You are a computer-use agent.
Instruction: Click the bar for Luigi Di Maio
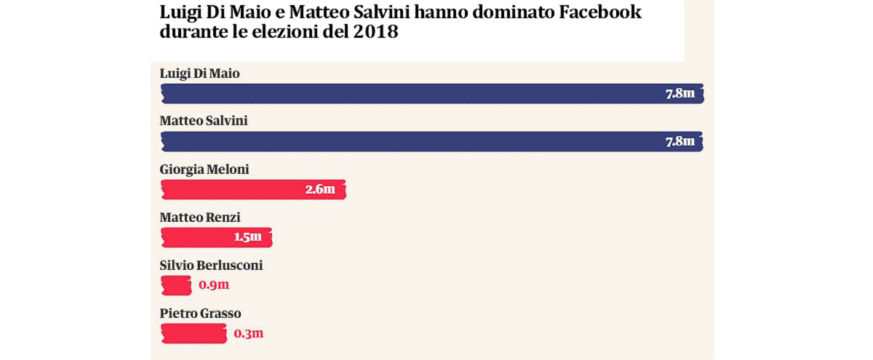(x=407, y=94)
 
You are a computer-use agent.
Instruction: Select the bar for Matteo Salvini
(x=407, y=142)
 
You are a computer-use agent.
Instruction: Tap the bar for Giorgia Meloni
(x=233, y=190)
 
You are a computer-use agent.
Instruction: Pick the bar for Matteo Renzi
(x=196, y=238)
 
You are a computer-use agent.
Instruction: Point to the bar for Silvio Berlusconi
(x=175, y=286)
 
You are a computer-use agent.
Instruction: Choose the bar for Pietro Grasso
(x=194, y=334)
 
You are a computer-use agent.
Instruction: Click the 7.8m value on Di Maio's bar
(x=680, y=94)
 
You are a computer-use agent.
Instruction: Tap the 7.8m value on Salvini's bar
(x=680, y=142)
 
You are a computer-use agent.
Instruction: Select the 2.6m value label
(x=320, y=190)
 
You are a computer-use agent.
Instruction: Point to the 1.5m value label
(x=247, y=238)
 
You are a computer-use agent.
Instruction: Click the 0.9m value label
(x=214, y=286)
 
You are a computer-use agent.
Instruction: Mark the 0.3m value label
(x=249, y=334)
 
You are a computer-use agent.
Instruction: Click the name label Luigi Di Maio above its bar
(x=199, y=73)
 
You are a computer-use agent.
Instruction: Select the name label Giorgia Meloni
(x=204, y=169)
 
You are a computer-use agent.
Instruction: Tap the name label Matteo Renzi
(x=200, y=217)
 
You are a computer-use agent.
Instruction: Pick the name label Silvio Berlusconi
(x=211, y=265)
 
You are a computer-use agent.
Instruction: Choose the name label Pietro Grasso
(x=200, y=313)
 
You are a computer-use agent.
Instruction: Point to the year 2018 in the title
(x=375, y=33)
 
